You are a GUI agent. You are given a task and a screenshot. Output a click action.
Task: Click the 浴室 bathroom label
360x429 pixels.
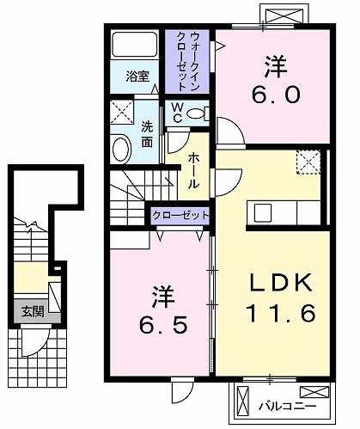[137, 76]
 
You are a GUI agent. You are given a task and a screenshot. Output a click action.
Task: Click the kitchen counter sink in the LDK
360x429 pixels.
[261, 212]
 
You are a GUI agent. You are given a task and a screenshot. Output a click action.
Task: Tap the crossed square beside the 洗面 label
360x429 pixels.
[121, 113]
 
